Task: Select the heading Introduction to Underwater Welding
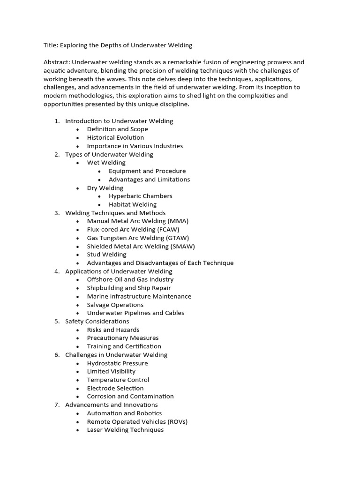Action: pyautogui.click(x=119, y=121)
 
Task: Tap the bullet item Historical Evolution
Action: pyautogui.click(x=115, y=138)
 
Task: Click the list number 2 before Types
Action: pyautogui.click(x=57, y=154)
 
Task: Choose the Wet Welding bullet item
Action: pyautogui.click(x=106, y=163)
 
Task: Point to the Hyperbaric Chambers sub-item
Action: pyautogui.click(x=140, y=196)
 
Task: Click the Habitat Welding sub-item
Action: pyautogui.click(x=133, y=204)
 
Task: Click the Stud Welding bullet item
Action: pyautogui.click(x=106, y=255)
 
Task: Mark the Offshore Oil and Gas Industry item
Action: pyautogui.click(x=130, y=279)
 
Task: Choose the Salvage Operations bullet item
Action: pyautogui.click(x=115, y=305)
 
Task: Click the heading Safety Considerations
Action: pyautogui.click(x=97, y=321)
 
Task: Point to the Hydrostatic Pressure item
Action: pyautogui.click(x=117, y=363)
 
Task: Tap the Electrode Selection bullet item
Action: pyautogui.click(x=115, y=388)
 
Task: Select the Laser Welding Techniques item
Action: pyautogui.click(x=125, y=430)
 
